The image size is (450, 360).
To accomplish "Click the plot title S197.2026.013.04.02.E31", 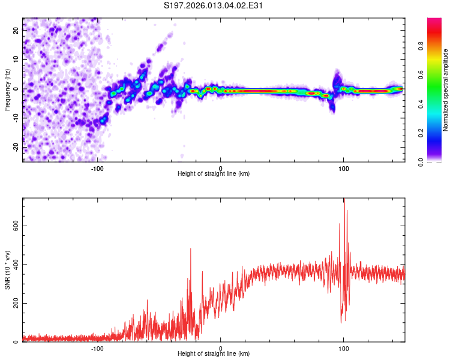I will click(x=214, y=6).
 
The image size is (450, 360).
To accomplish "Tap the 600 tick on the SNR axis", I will click(x=14, y=226).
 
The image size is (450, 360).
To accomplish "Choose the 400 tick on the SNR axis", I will click(x=14, y=265).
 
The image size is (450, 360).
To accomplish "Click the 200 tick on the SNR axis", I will click(x=14, y=304).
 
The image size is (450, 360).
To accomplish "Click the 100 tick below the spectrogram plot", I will click(x=344, y=167).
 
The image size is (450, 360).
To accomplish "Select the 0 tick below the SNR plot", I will click(x=221, y=348).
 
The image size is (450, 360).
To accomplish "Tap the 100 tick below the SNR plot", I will click(x=344, y=348).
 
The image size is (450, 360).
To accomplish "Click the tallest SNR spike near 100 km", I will click(x=344, y=200).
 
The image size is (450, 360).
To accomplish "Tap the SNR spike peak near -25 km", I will click(x=191, y=249).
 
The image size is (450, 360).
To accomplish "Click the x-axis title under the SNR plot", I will click(x=214, y=354).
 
